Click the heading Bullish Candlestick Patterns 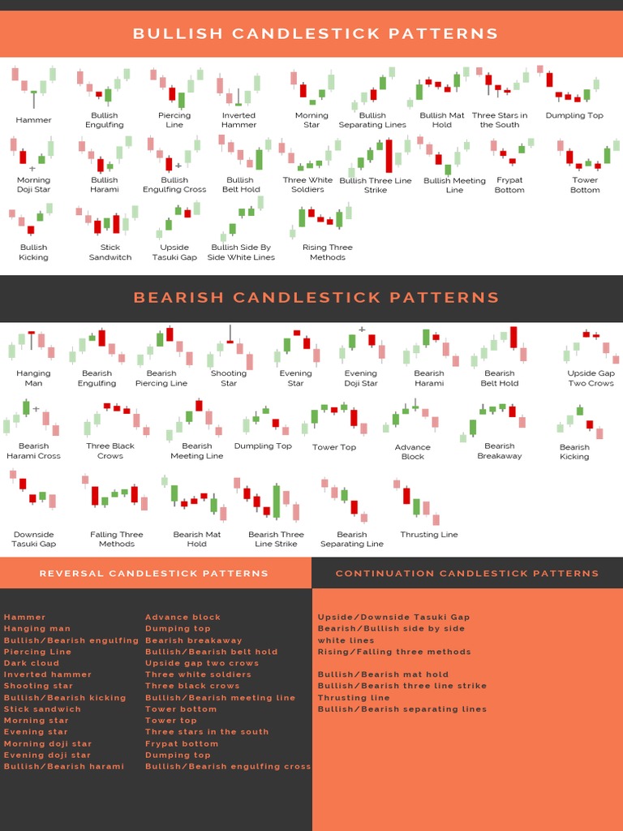(315, 33)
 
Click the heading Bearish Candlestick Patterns (316, 297)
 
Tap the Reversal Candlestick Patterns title (154, 573)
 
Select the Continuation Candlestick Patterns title (467, 573)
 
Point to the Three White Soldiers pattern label (307, 185)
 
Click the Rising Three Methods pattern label (327, 252)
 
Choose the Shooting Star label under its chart (229, 378)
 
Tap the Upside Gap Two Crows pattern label (591, 378)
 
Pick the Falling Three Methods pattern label (117, 539)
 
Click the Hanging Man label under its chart (33, 378)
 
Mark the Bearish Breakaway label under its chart (499, 450)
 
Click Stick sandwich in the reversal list (42, 708)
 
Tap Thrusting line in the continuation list (354, 697)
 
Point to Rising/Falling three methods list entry (394, 652)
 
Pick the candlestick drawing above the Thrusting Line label (419, 502)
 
